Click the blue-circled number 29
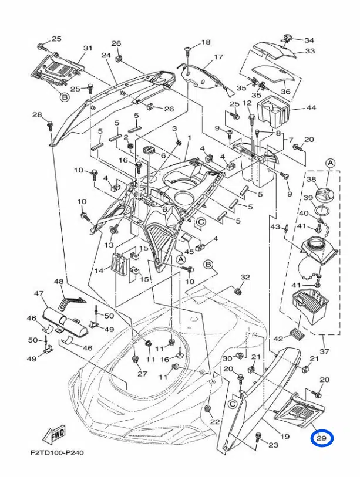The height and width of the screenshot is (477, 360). (x=322, y=438)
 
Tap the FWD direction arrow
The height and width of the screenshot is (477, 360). (x=55, y=434)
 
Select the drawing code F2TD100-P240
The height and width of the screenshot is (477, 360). (x=57, y=453)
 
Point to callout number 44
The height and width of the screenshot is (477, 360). (x=311, y=107)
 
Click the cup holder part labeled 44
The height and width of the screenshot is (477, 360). (x=272, y=111)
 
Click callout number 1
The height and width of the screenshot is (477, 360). (x=189, y=138)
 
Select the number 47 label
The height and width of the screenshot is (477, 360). (x=39, y=293)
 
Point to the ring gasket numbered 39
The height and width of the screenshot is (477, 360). (x=322, y=209)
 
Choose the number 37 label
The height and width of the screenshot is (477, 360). (x=325, y=351)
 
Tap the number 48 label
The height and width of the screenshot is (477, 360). (x=59, y=282)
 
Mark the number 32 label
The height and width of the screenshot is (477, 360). (x=245, y=277)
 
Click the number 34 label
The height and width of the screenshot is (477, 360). (x=309, y=40)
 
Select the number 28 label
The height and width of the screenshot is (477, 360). (x=37, y=114)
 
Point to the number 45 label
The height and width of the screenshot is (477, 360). (x=190, y=251)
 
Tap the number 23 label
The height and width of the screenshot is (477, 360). (x=273, y=445)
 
